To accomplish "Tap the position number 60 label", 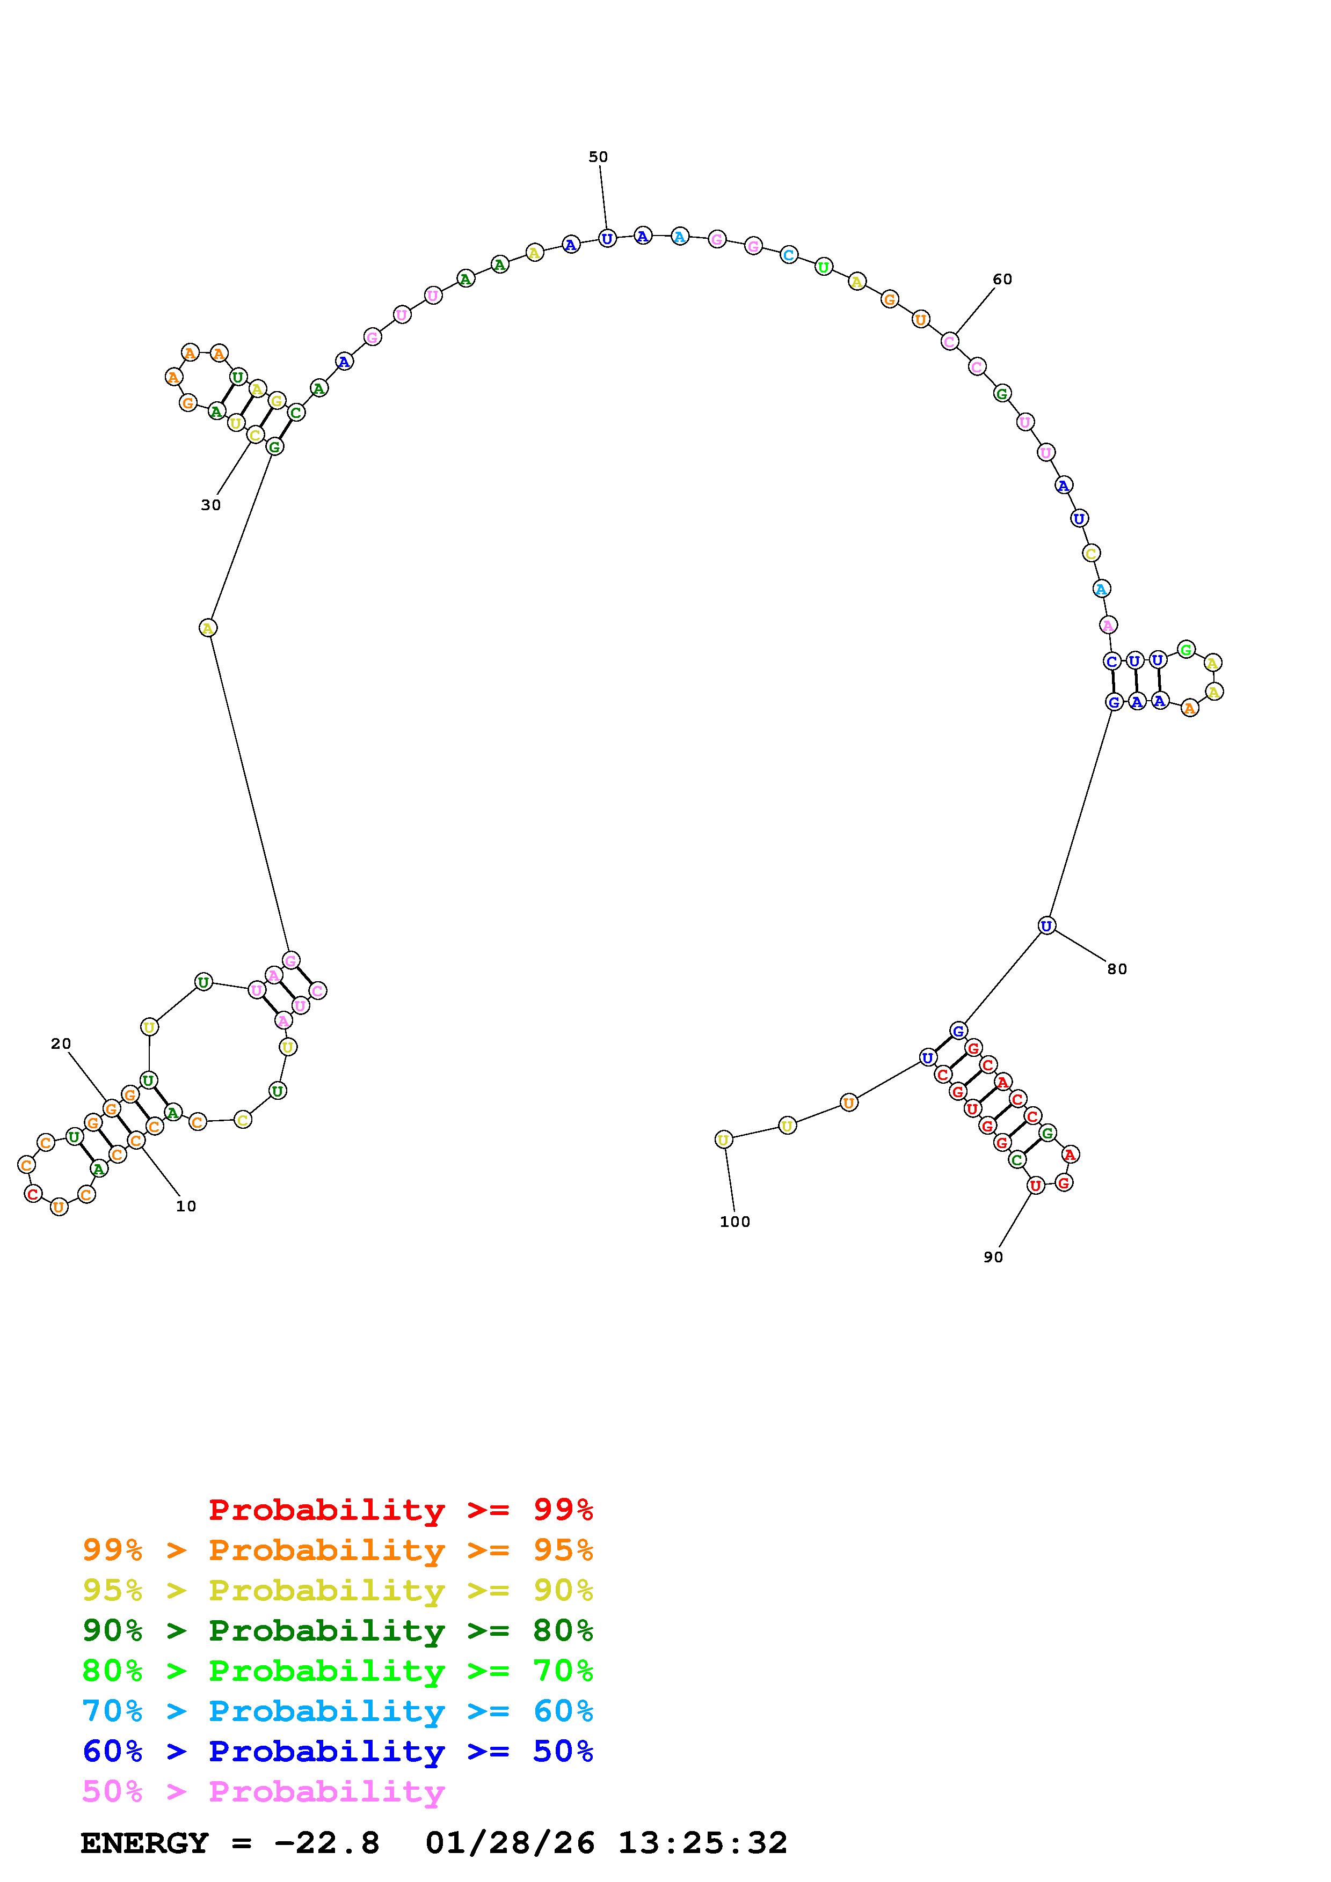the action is click(1002, 278).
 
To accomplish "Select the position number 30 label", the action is click(211, 505).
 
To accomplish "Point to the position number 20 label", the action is click(61, 1043).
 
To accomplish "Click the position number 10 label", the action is click(186, 1206).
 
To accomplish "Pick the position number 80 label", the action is click(1117, 969).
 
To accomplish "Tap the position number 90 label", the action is click(993, 1256).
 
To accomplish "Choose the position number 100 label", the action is click(735, 1222).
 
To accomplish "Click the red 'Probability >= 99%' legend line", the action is click(401, 1509).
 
